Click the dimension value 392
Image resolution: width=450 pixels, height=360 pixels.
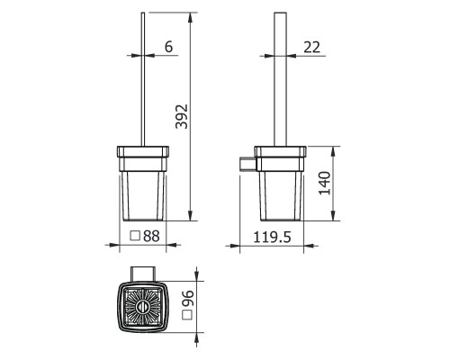tap(182, 117)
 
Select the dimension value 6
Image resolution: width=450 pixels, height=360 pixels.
tap(169, 47)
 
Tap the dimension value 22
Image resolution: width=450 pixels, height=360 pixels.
tap(312, 47)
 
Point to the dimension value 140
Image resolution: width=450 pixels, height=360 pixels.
tap(325, 183)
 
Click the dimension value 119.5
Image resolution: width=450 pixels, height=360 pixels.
tap(272, 237)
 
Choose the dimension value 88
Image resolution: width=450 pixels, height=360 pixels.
tap(151, 236)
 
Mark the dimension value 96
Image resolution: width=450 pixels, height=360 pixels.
tap(188, 298)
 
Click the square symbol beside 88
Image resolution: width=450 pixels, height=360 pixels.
tap(135, 236)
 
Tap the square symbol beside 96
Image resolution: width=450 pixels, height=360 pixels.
tap(188, 315)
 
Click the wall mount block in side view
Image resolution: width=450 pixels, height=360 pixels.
tap(247, 164)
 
